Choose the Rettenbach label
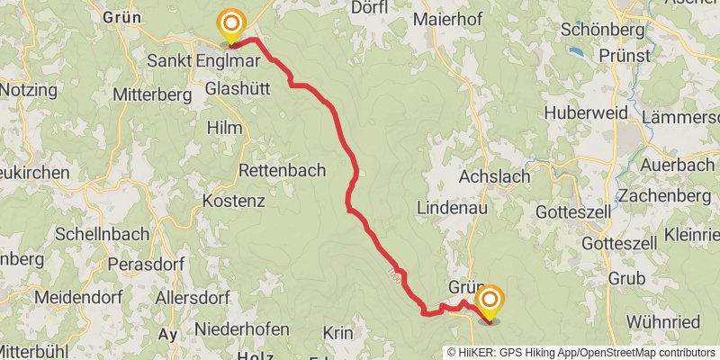[281, 169]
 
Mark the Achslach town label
[494, 176]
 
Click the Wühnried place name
[664, 321]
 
